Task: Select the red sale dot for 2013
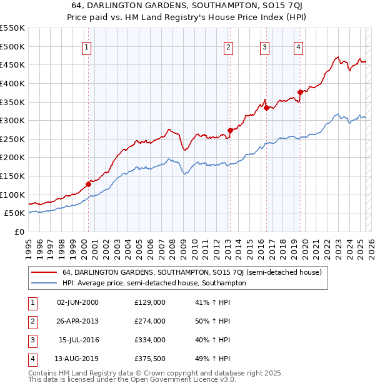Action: [x=230, y=130]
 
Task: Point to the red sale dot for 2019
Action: [x=300, y=93]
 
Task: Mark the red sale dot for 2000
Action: [x=88, y=184]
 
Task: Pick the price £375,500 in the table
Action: [x=150, y=359]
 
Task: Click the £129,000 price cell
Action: [x=150, y=302]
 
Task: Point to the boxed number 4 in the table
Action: [x=32, y=359]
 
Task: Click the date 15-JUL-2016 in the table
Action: [x=79, y=340]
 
